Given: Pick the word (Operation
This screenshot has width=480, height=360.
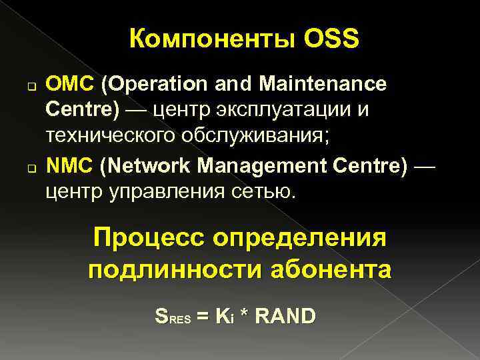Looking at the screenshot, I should tap(154, 85).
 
